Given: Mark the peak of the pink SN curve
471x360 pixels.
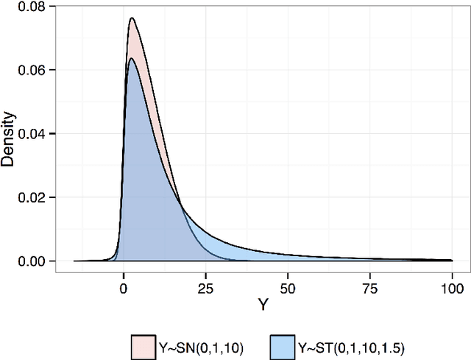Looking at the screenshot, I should [x=132, y=18].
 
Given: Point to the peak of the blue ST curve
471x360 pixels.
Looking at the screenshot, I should [x=131, y=58].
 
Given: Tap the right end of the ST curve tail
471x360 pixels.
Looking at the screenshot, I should [x=451, y=260].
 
